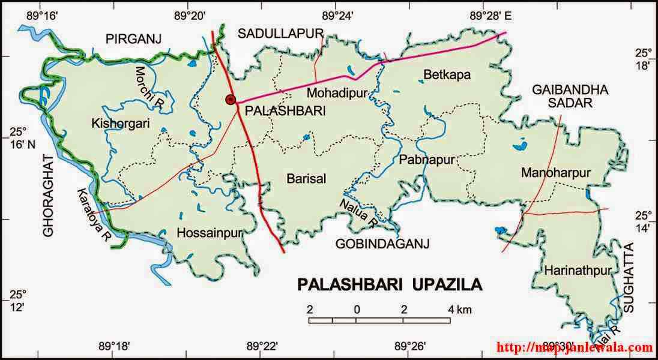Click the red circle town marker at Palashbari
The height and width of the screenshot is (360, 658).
click(231, 100)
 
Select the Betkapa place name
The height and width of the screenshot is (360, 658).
click(447, 75)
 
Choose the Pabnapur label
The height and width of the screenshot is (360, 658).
click(426, 160)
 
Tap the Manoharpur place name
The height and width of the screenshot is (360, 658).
click(556, 173)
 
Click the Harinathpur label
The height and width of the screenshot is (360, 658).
click(577, 271)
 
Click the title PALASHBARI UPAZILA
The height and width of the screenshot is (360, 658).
click(390, 284)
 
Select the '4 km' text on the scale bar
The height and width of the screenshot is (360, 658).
click(459, 310)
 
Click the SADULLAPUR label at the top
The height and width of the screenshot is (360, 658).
click(280, 33)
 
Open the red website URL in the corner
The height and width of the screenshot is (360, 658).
click(575, 347)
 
